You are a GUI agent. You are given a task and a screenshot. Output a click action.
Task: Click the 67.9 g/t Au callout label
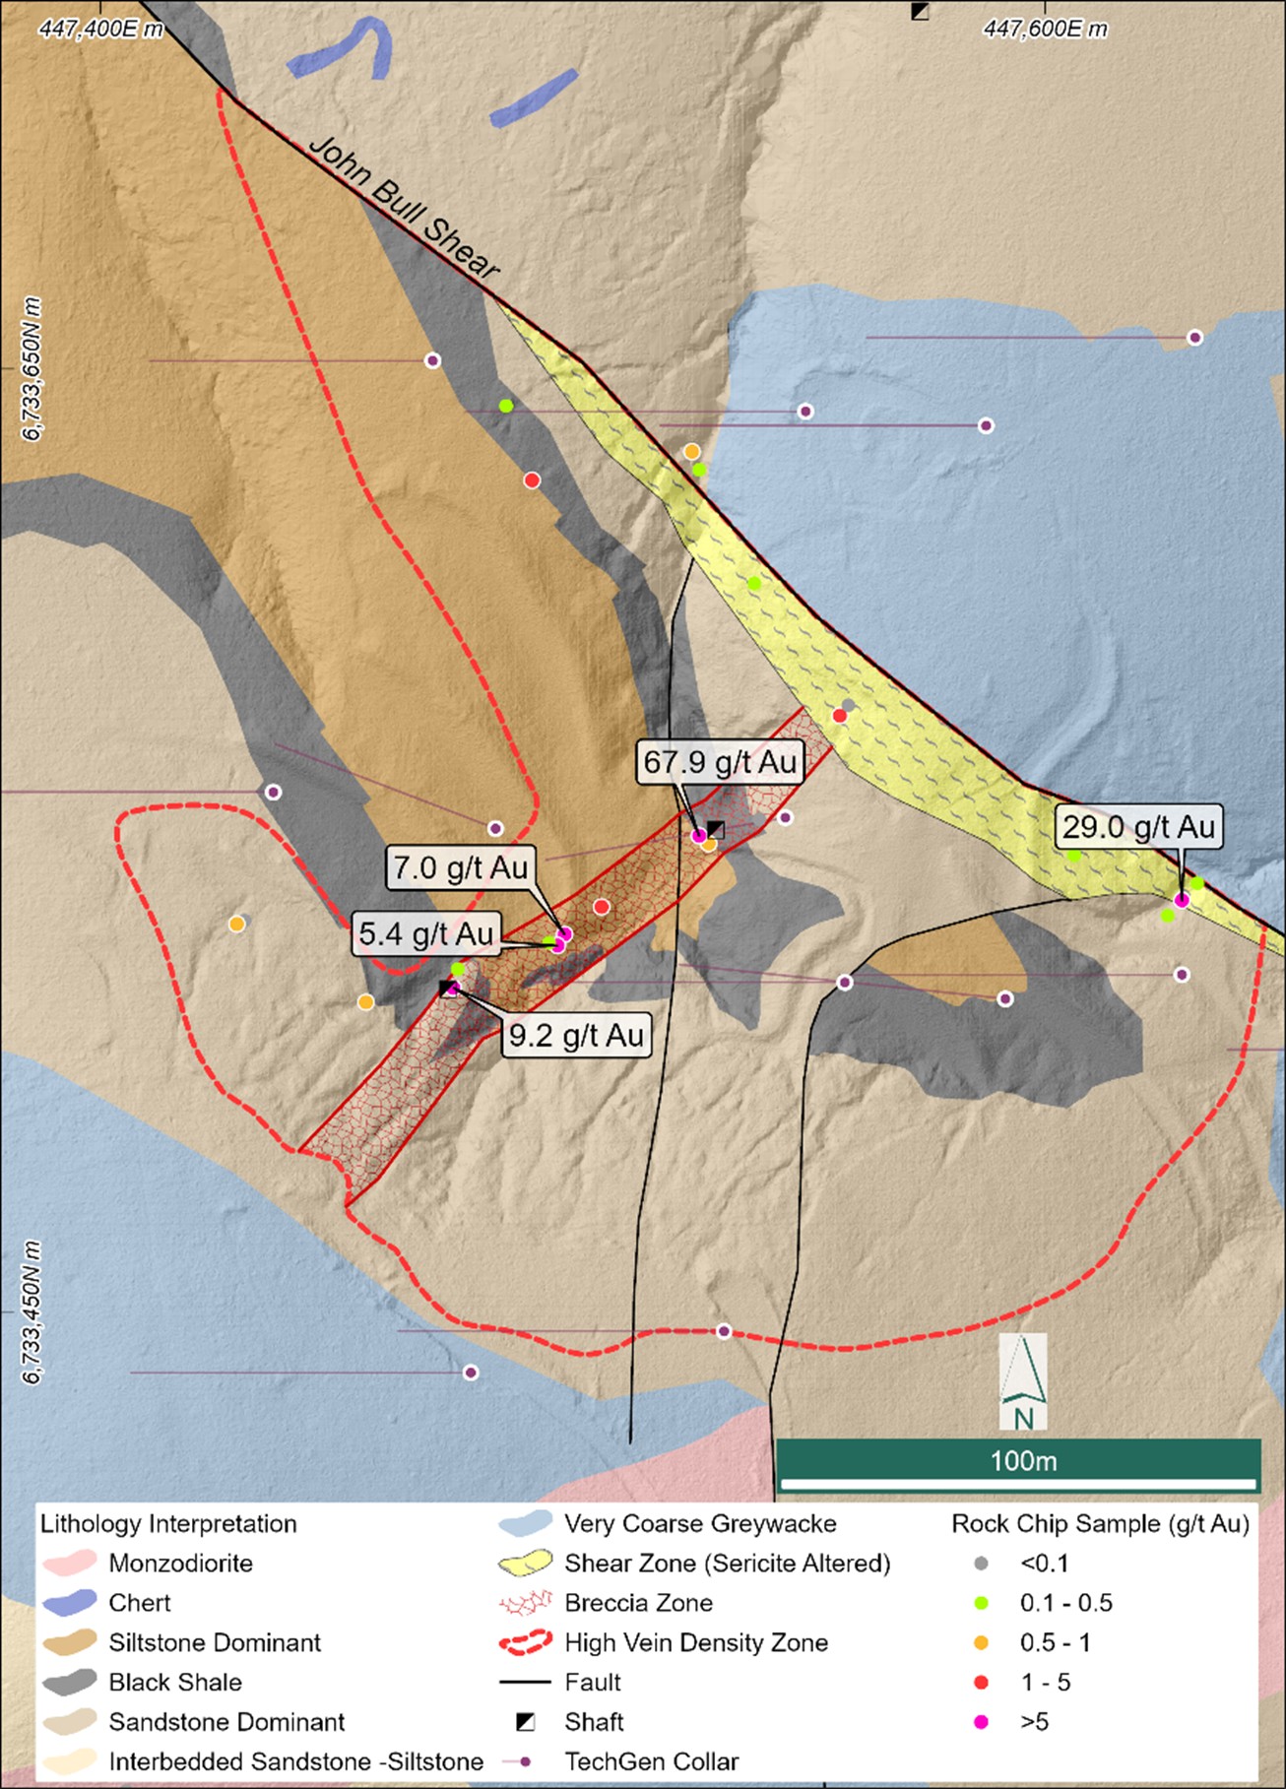pyautogui.click(x=720, y=762)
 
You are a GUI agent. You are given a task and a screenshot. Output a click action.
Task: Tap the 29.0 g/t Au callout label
pyautogui.click(x=1138, y=827)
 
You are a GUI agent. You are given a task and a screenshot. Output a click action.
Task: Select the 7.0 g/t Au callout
pyautogui.click(x=462, y=867)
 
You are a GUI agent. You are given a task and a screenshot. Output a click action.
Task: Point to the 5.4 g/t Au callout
pyautogui.click(x=425, y=933)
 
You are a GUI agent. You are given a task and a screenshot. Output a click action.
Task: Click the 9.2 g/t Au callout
pyautogui.click(x=576, y=1035)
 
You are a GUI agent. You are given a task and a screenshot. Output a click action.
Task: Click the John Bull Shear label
pyautogui.click(x=404, y=207)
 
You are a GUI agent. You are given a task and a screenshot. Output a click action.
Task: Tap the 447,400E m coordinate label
pyautogui.click(x=100, y=29)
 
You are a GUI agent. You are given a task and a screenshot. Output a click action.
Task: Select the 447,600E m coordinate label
pyautogui.click(x=1045, y=29)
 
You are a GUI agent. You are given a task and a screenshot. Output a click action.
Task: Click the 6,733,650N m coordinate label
pyautogui.click(x=32, y=369)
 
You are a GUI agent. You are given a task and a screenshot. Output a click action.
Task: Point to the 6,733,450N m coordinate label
pyautogui.click(x=32, y=1311)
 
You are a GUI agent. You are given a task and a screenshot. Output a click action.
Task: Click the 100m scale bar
pyautogui.click(x=1018, y=1464)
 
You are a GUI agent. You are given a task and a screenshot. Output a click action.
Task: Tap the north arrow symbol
pyautogui.click(x=1023, y=1380)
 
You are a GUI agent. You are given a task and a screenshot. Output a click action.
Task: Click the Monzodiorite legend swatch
pyautogui.click(x=70, y=1563)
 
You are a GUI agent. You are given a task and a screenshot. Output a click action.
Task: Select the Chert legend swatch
pyautogui.click(x=70, y=1602)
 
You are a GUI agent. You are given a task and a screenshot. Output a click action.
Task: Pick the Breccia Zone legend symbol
pyautogui.click(x=525, y=1603)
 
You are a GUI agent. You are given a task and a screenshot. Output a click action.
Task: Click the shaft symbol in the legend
pyautogui.click(x=526, y=1722)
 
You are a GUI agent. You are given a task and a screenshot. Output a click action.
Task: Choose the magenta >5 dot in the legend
pyautogui.click(x=981, y=1722)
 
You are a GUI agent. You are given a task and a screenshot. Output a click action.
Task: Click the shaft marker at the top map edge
pyautogui.click(x=920, y=11)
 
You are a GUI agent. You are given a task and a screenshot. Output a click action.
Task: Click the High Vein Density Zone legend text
pyautogui.click(x=696, y=1642)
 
